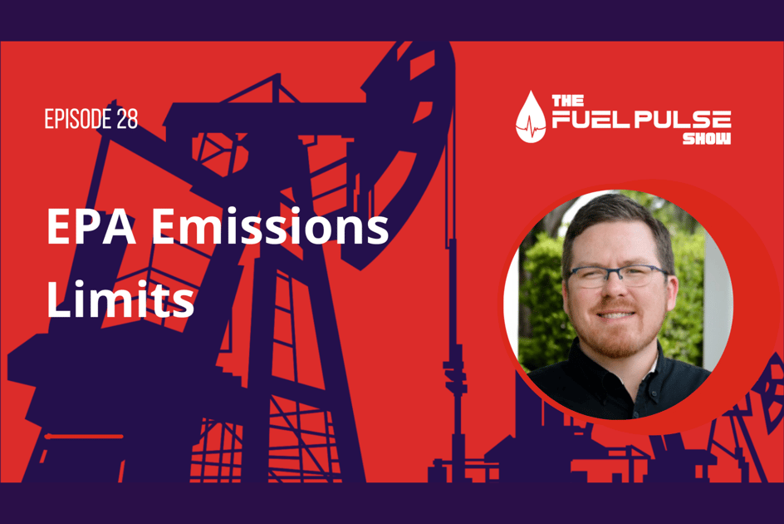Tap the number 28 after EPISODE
(x=127, y=120)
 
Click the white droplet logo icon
(x=530, y=118)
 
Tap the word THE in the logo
(x=562, y=101)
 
